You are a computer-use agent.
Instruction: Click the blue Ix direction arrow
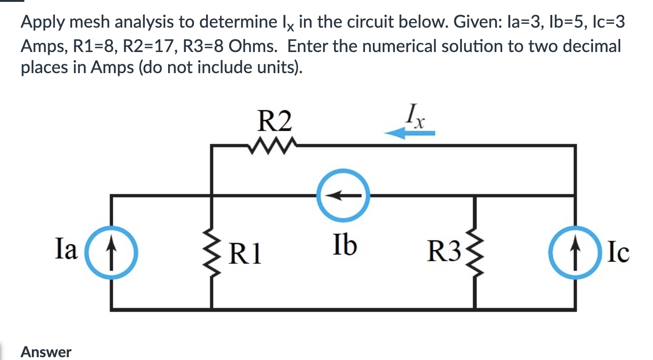[x=409, y=134]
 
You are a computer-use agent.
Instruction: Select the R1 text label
[x=246, y=254]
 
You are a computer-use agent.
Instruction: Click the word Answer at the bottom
[x=46, y=352]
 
